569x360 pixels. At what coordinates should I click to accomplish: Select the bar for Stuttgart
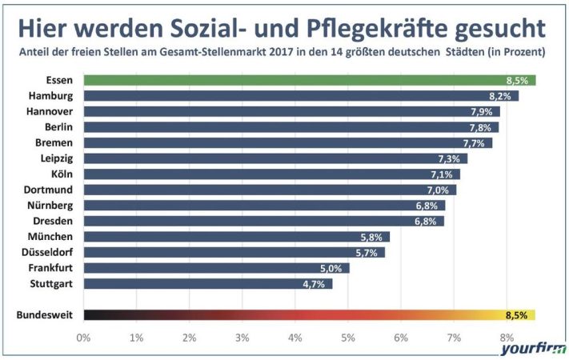(x=207, y=283)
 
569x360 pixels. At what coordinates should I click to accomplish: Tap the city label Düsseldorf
(x=50, y=252)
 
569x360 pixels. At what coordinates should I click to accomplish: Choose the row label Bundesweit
(x=45, y=315)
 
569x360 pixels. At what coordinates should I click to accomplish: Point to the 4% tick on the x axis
(x=295, y=338)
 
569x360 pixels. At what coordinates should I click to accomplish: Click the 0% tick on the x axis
(x=83, y=338)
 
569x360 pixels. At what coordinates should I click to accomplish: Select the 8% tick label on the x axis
(x=507, y=338)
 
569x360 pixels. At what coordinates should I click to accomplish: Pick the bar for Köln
(x=271, y=174)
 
